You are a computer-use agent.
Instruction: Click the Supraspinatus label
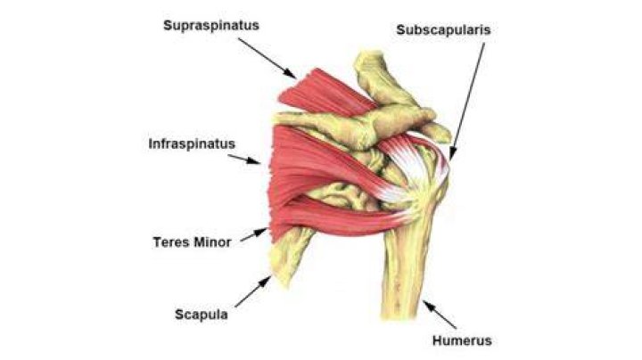pos(211,26)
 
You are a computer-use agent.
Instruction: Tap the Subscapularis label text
pos(443,30)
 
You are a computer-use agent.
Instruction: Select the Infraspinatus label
pos(192,144)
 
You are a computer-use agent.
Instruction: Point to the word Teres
pos(170,242)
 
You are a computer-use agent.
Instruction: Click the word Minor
pos(212,242)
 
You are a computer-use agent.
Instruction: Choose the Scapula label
pos(202,315)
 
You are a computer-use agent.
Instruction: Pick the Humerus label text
pos(462,340)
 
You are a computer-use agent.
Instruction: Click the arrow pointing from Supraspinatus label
pos(267,58)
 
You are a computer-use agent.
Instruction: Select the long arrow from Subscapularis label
pos(467,101)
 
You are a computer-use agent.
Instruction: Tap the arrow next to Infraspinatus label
pos(244,160)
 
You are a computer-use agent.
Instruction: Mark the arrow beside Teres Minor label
pos(254,235)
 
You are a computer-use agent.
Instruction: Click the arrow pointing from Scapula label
pos(253,291)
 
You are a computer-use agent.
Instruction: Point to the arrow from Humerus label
pos(440,315)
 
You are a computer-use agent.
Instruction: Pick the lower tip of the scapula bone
pos(283,282)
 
